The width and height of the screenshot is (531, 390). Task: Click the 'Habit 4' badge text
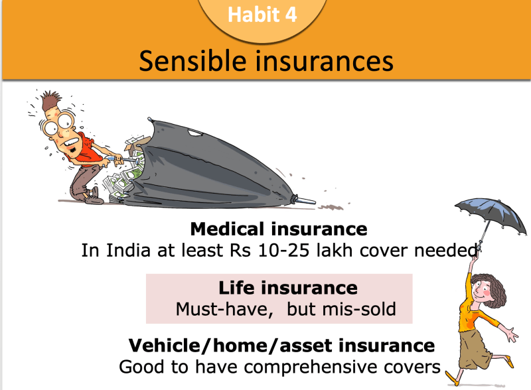pyautogui.click(x=262, y=15)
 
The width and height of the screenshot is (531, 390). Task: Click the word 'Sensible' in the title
pyautogui.click(x=192, y=61)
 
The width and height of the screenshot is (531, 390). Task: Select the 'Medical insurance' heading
pyautogui.click(x=279, y=229)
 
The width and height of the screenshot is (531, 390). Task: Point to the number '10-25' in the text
pyautogui.click(x=283, y=251)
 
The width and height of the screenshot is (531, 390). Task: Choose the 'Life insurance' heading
pyautogui.click(x=288, y=288)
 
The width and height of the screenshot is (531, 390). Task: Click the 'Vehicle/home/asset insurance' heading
pyautogui.click(x=281, y=346)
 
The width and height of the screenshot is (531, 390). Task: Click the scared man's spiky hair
pyautogui.click(x=51, y=99)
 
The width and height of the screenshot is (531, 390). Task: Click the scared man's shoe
pyautogui.click(x=93, y=198)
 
